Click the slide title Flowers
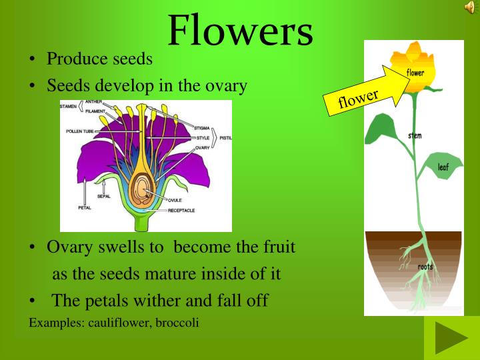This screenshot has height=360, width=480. click(x=240, y=30)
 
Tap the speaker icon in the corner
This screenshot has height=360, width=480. click(x=469, y=7)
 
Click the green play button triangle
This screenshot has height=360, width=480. click(x=451, y=338)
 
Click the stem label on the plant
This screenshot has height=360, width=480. click(x=415, y=135)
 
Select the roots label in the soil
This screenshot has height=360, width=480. click(x=425, y=267)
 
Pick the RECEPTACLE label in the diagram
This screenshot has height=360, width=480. click(x=181, y=210)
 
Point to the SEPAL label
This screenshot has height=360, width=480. click(x=104, y=197)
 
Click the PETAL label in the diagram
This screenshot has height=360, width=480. click(x=85, y=207)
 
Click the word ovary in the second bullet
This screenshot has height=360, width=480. click(x=226, y=85)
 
